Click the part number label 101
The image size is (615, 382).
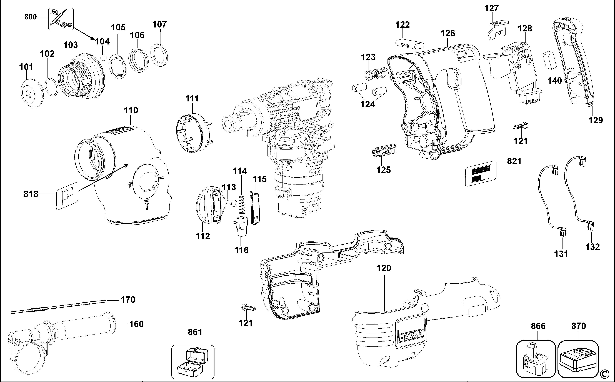coord(26,67)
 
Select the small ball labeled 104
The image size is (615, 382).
coord(103,58)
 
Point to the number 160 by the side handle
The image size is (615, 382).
coord(136,324)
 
